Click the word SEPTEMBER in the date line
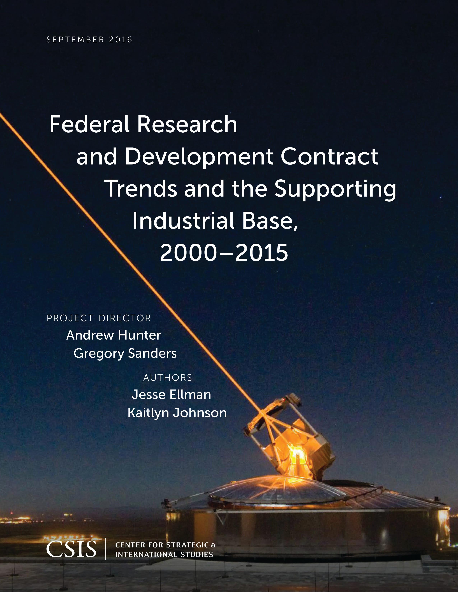[75, 40]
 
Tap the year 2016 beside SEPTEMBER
[121, 40]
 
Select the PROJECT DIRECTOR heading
[99, 318]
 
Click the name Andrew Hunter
[114, 335]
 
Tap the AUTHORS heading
[168, 378]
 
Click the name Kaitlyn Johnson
[177, 413]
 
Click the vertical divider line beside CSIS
[106, 549]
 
